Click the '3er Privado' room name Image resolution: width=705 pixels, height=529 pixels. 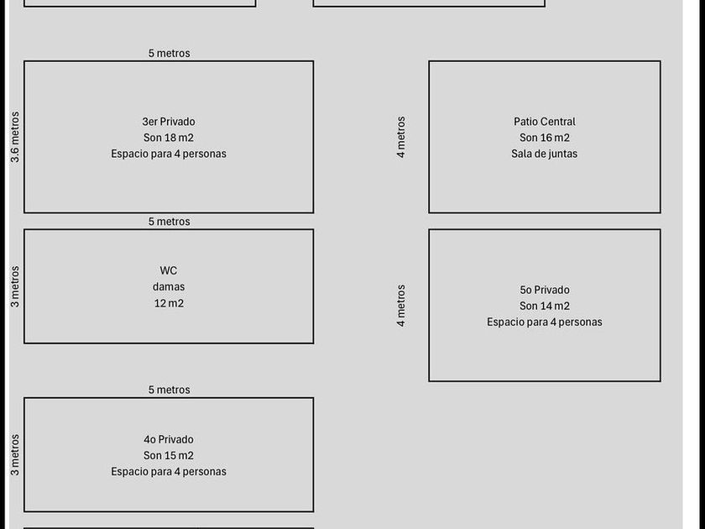click(169, 122)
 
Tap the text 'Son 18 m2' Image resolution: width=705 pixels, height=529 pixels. click(169, 138)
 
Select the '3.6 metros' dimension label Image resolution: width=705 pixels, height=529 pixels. click(15, 137)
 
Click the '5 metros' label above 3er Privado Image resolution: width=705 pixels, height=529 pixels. click(169, 53)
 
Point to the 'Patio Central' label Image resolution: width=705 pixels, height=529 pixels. click(545, 122)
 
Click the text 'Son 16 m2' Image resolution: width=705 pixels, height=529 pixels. click(545, 138)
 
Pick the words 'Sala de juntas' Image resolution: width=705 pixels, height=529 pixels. click(544, 154)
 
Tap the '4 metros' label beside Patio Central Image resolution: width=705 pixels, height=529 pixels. click(400, 137)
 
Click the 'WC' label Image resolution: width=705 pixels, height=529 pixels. click(169, 270)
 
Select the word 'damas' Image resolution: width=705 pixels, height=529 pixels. click(169, 286)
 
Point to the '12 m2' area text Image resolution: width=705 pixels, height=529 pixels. click(169, 303)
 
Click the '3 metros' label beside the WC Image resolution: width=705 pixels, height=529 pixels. click(15, 286)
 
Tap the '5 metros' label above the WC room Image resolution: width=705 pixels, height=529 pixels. click(169, 222)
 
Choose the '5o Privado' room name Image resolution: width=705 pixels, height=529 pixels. click(545, 290)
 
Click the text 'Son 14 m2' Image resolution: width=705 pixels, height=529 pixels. click(545, 306)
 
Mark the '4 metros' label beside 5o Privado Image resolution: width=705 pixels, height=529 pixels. click(400, 306)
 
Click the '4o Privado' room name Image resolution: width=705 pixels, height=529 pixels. click(169, 439)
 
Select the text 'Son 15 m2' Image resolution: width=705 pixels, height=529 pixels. click(169, 455)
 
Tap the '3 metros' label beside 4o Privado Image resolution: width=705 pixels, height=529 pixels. click(15, 455)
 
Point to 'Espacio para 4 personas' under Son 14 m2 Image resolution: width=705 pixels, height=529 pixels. click(545, 322)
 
